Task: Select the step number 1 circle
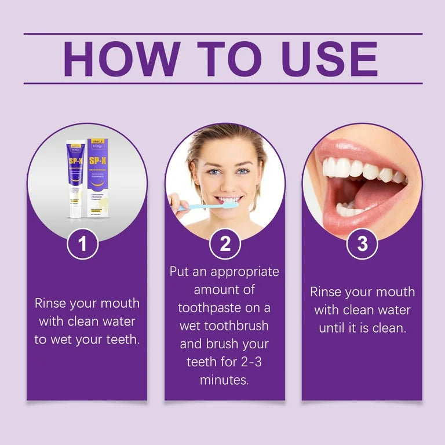[83, 244]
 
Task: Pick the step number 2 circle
[225, 244]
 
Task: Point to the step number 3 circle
[362, 244]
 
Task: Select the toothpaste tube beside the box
[75, 180]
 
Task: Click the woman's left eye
[242, 172]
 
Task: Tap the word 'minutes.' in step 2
[225, 380]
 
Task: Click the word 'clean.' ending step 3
[388, 328]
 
